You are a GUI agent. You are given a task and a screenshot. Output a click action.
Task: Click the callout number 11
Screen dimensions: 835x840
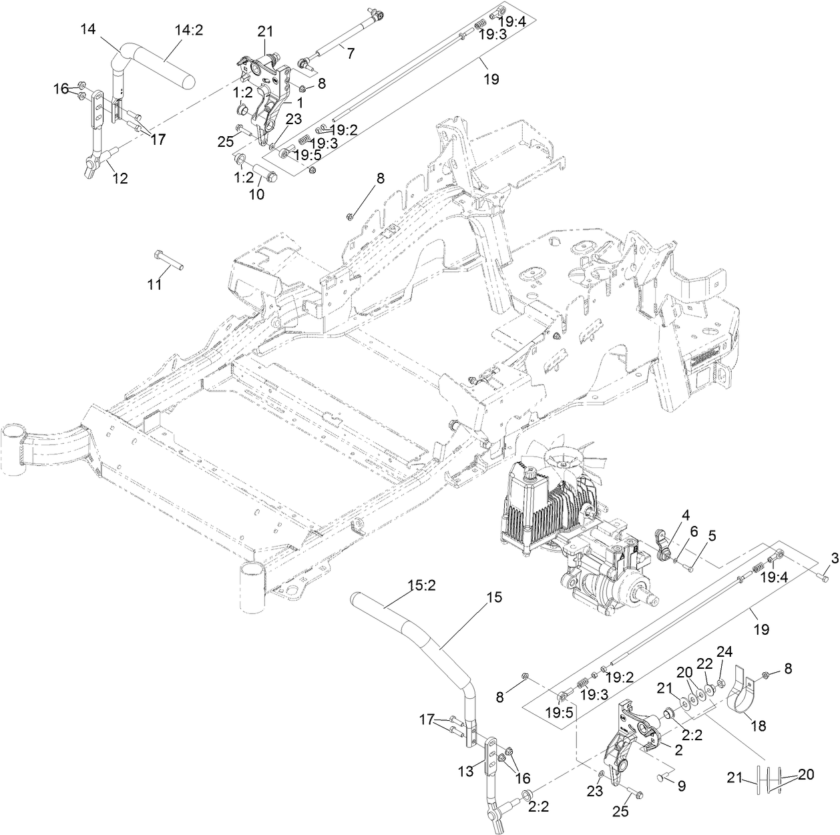click(x=154, y=285)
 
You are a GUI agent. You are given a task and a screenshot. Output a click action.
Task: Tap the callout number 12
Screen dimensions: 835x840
click(x=120, y=178)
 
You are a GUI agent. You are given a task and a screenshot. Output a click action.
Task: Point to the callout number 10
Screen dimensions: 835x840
click(x=256, y=194)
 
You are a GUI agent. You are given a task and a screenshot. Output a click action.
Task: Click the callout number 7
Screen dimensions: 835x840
click(x=350, y=53)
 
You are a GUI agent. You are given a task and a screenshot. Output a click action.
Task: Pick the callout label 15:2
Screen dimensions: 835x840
click(x=421, y=587)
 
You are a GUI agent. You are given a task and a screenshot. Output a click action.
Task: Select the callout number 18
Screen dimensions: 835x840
click(x=758, y=726)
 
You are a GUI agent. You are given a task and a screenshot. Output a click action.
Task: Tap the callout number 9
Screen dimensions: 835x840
click(x=681, y=786)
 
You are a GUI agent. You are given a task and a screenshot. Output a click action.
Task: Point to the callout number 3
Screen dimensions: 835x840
click(x=834, y=558)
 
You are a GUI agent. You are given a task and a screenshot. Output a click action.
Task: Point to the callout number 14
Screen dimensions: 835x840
click(x=88, y=29)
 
